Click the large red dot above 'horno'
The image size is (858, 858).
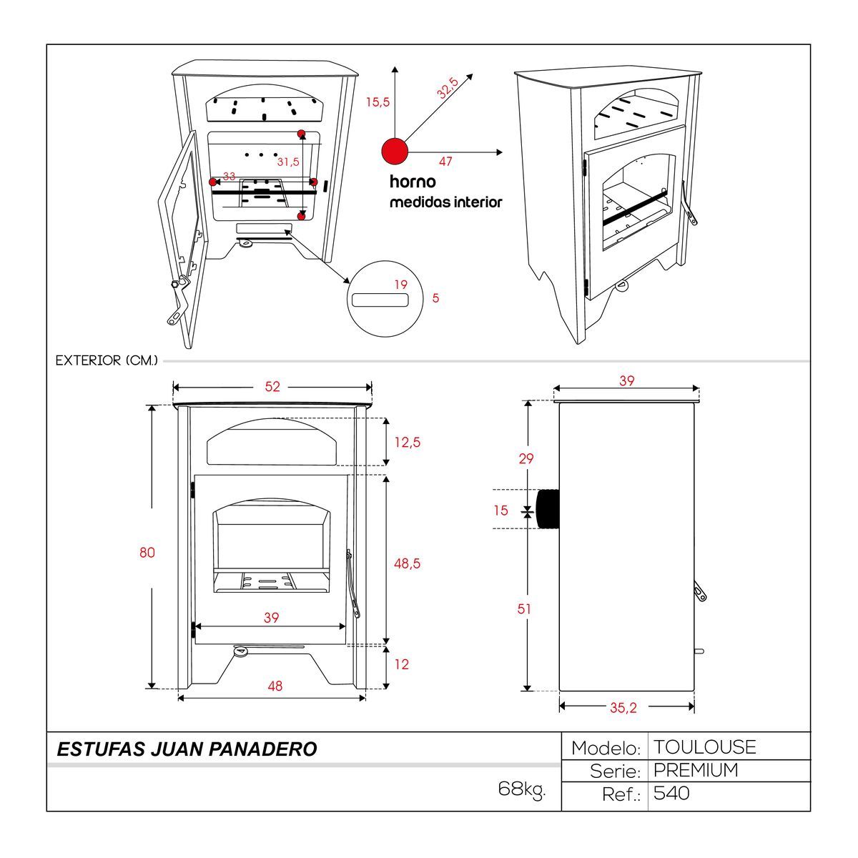(x=394, y=152)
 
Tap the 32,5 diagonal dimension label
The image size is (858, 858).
(x=448, y=87)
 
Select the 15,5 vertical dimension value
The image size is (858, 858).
(x=378, y=102)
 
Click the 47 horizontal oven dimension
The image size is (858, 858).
(x=445, y=162)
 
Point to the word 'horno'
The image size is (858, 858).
(x=413, y=182)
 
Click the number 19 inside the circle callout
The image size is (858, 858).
(x=401, y=285)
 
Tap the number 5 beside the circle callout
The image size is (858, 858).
(x=436, y=298)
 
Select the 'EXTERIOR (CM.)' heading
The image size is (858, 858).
(x=107, y=361)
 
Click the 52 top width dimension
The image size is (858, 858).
(x=272, y=387)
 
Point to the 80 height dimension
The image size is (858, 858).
(x=147, y=553)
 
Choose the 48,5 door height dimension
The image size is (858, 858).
(x=407, y=564)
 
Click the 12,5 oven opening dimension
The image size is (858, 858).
(x=407, y=443)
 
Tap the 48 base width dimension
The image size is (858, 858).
(x=275, y=686)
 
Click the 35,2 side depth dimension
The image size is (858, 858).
(x=623, y=708)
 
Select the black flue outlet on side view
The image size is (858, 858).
(x=548, y=508)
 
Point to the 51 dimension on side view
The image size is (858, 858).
(x=525, y=609)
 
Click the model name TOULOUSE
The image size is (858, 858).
(x=704, y=747)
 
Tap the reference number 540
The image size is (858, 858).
(x=671, y=793)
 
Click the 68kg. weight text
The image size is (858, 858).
(x=521, y=789)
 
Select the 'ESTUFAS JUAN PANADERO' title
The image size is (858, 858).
(x=187, y=749)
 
